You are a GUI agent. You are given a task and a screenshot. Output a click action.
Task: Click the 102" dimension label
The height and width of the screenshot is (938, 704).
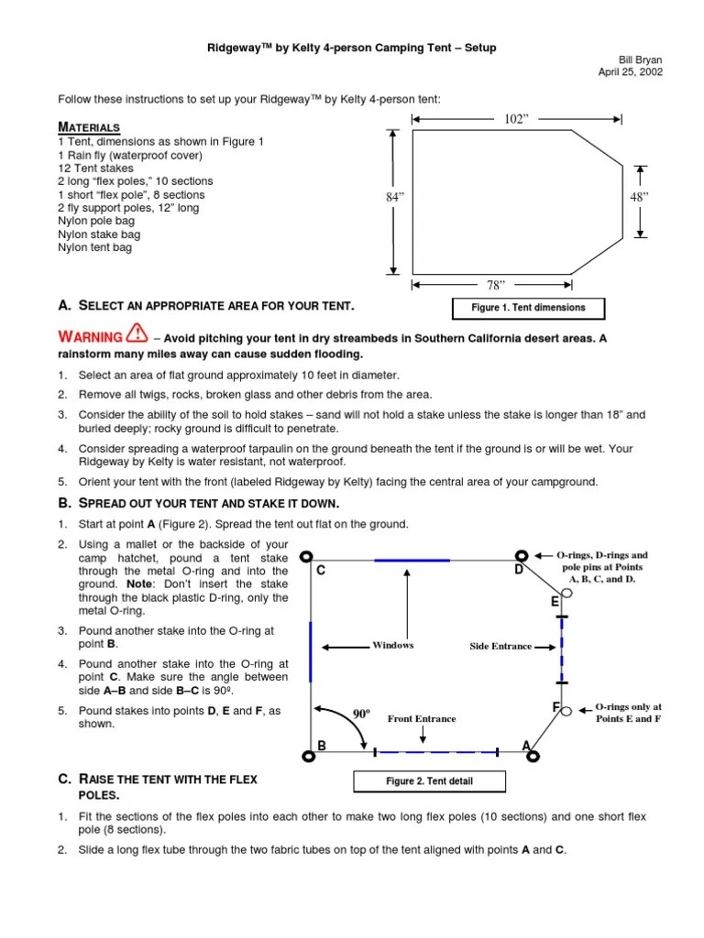point(517,119)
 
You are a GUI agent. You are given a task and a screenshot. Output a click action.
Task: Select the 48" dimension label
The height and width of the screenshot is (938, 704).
point(640,197)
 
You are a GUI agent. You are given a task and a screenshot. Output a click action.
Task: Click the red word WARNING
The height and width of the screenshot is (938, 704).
point(91,337)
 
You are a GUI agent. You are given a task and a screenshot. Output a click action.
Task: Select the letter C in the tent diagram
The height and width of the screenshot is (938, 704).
point(321,571)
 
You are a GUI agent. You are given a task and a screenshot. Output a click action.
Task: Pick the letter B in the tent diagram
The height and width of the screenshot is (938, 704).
point(322,747)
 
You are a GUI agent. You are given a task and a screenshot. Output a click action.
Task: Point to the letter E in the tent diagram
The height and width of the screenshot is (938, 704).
point(555,602)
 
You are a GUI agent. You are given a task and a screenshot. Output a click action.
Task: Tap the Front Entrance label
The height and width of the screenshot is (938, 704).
point(422,719)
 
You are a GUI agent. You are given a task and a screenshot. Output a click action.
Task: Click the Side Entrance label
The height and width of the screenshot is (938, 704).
point(500,646)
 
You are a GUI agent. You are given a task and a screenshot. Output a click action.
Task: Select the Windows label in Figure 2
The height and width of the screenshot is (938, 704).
point(392,645)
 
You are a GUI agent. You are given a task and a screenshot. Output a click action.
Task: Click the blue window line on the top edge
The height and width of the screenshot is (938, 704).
point(412,559)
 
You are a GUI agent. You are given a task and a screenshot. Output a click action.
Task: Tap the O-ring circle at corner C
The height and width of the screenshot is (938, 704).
point(307,556)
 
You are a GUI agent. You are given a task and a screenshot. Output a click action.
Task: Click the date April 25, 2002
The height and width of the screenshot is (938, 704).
point(630,71)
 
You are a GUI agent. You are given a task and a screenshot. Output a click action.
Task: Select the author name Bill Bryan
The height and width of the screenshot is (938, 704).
point(641,60)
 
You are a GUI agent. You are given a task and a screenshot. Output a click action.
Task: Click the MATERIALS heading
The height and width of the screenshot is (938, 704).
point(89,127)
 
